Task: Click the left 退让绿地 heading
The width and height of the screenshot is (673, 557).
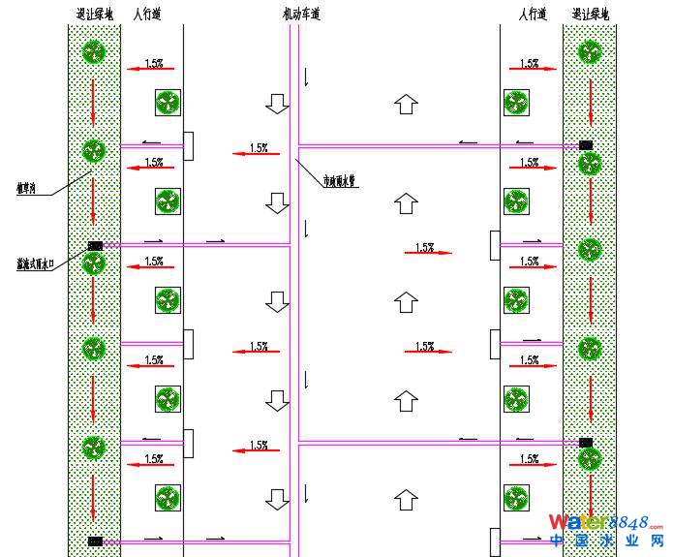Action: tap(94, 15)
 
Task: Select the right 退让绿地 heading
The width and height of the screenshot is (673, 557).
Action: tap(591, 15)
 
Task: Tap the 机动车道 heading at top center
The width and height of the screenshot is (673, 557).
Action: tap(300, 15)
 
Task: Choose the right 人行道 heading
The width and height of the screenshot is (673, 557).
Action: tap(533, 15)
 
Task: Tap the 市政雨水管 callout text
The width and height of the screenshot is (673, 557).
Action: tap(341, 179)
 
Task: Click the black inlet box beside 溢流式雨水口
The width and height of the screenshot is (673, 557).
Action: tap(95, 246)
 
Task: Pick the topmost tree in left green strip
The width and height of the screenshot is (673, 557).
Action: tap(93, 51)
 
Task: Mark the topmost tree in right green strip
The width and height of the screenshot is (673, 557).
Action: tap(590, 51)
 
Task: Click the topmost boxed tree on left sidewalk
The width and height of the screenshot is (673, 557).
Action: tap(168, 103)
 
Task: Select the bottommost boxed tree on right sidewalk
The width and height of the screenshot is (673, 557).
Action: tap(516, 498)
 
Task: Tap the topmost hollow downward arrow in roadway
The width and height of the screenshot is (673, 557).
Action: tap(278, 104)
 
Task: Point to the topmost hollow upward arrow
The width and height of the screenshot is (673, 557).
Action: tap(407, 104)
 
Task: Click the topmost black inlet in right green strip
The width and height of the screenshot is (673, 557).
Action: tap(586, 145)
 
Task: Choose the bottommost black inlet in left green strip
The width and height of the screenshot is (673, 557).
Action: tap(95, 541)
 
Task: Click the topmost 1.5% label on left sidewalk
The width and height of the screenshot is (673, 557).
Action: tap(154, 64)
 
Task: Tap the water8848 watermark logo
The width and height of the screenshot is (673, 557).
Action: tap(605, 523)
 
